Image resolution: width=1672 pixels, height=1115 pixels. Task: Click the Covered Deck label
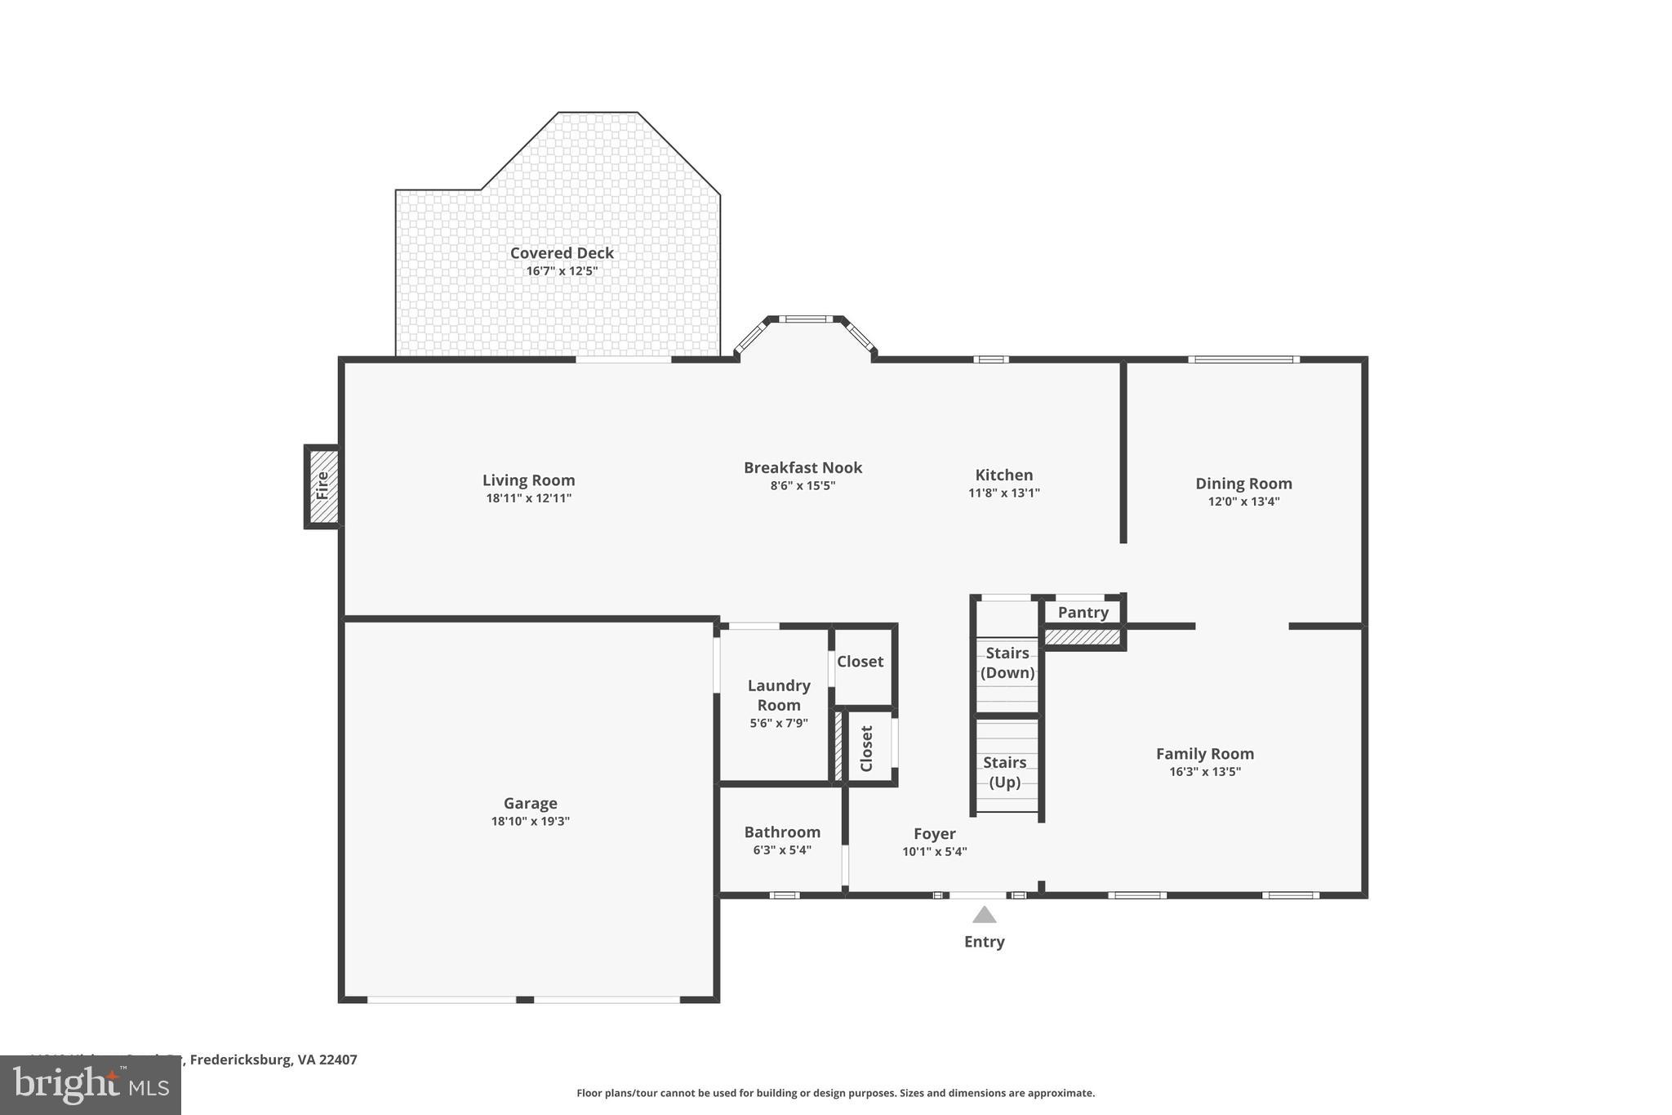pyautogui.click(x=562, y=253)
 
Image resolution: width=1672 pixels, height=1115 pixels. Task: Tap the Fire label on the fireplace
pyautogui.click(x=322, y=486)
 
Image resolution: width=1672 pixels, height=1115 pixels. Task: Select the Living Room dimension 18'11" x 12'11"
pyautogui.click(x=528, y=498)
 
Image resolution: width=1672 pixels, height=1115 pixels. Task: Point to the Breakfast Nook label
pyautogui.click(x=803, y=467)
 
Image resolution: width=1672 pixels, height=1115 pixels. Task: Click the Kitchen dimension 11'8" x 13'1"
pyautogui.click(x=1003, y=493)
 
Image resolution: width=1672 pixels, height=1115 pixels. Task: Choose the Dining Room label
pyautogui.click(x=1243, y=484)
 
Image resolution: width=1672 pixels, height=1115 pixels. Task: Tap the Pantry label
pyautogui.click(x=1083, y=613)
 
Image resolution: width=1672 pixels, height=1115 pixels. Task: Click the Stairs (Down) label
pyautogui.click(x=1007, y=662)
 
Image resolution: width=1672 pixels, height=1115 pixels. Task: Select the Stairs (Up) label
pyautogui.click(x=1005, y=772)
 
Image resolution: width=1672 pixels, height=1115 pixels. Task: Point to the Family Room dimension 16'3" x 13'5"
pyautogui.click(x=1204, y=772)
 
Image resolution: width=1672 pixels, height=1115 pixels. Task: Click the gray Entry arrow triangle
pyautogui.click(x=984, y=915)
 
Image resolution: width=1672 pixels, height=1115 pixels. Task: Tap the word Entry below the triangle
pyautogui.click(x=984, y=942)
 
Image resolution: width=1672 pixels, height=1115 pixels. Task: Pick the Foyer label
pyautogui.click(x=934, y=834)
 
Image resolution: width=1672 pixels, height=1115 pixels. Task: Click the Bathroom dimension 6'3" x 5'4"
pyautogui.click(x=781, y=850)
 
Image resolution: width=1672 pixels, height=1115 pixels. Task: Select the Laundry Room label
pyautogui.click(x=779, y=695)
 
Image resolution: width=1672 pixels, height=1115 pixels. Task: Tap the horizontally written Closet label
pyautogui.click(x=860, y=662)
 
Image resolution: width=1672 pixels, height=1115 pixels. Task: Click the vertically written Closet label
pyautogui.click(x=866, y=748)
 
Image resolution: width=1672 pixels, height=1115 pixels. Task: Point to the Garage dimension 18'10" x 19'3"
pyautogui.click(x=530, y=822)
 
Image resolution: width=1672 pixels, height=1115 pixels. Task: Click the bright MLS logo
pyautogui.click(x=91, y=1085)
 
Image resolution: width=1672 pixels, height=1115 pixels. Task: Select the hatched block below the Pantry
pyautogui.click(x=1083, y=636)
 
